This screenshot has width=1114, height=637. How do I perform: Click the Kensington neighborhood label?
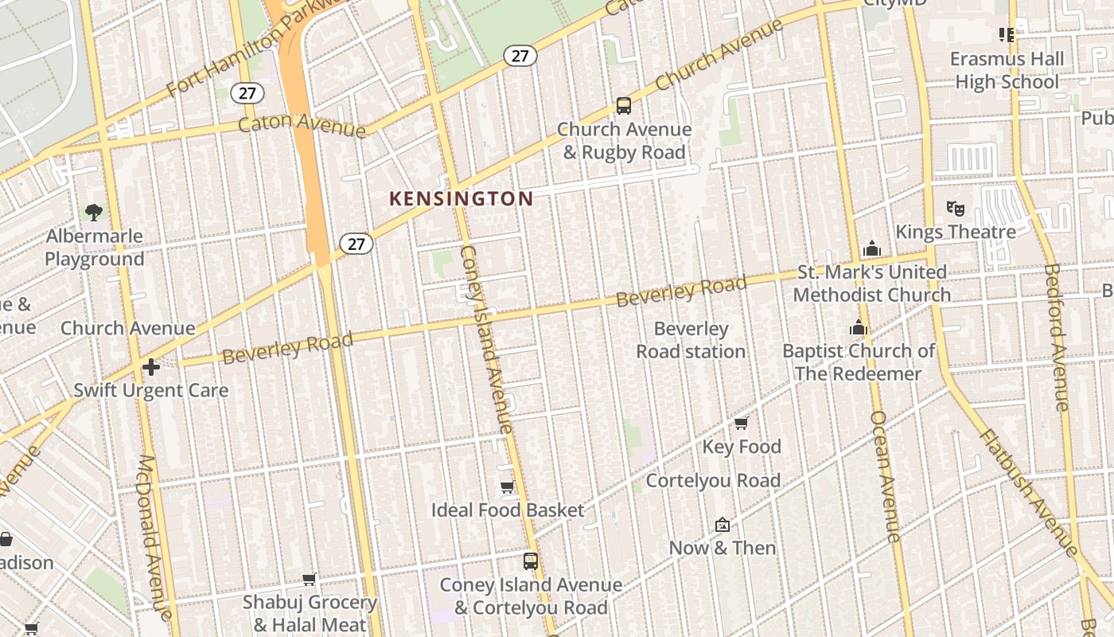pyautogui.click(x=461, y=199)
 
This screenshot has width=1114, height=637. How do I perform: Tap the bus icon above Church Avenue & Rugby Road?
pyautogui.click(x=624, y=106)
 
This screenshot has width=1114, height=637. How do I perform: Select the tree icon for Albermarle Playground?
pyautogui.click(x=94, y=212)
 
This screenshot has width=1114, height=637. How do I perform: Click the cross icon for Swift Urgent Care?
pyautogui.click(x=150, y=367)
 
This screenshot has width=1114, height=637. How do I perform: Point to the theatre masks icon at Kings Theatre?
pyautogui.click(x=956, y=209)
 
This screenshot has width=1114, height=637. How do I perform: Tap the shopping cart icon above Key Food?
pyautogui.click(x=742, y=423)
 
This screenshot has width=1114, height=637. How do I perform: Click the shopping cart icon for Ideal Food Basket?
pyautogui.click(x=508, y=487)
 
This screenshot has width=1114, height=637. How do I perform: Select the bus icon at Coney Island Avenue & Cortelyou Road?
pyautogui.click(x=531, y=561)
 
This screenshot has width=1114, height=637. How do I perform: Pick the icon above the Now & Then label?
pyautogui.click(x=723, y=525)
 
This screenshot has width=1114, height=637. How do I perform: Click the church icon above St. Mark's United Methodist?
pyautogui.click(x=872, y=248)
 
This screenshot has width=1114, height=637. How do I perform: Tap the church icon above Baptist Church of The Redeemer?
pyautogui.click(x=858, y=327)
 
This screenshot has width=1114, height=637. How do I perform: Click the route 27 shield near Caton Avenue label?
pyautogui.click(x=247, y=93)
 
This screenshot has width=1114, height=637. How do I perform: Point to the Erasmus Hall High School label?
pyautogui.click(x=1007, y=70)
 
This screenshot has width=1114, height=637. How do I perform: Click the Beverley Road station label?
pyautogui.click(x=691, y=340)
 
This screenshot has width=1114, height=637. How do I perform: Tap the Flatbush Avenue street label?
pyautogui.click(x=1029, y=492)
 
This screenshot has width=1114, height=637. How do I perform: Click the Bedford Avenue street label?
pyautogui.click(x=1056, y=338)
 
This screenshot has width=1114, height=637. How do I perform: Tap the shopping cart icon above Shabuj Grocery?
pyautogui.click(x=310, y=580)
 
